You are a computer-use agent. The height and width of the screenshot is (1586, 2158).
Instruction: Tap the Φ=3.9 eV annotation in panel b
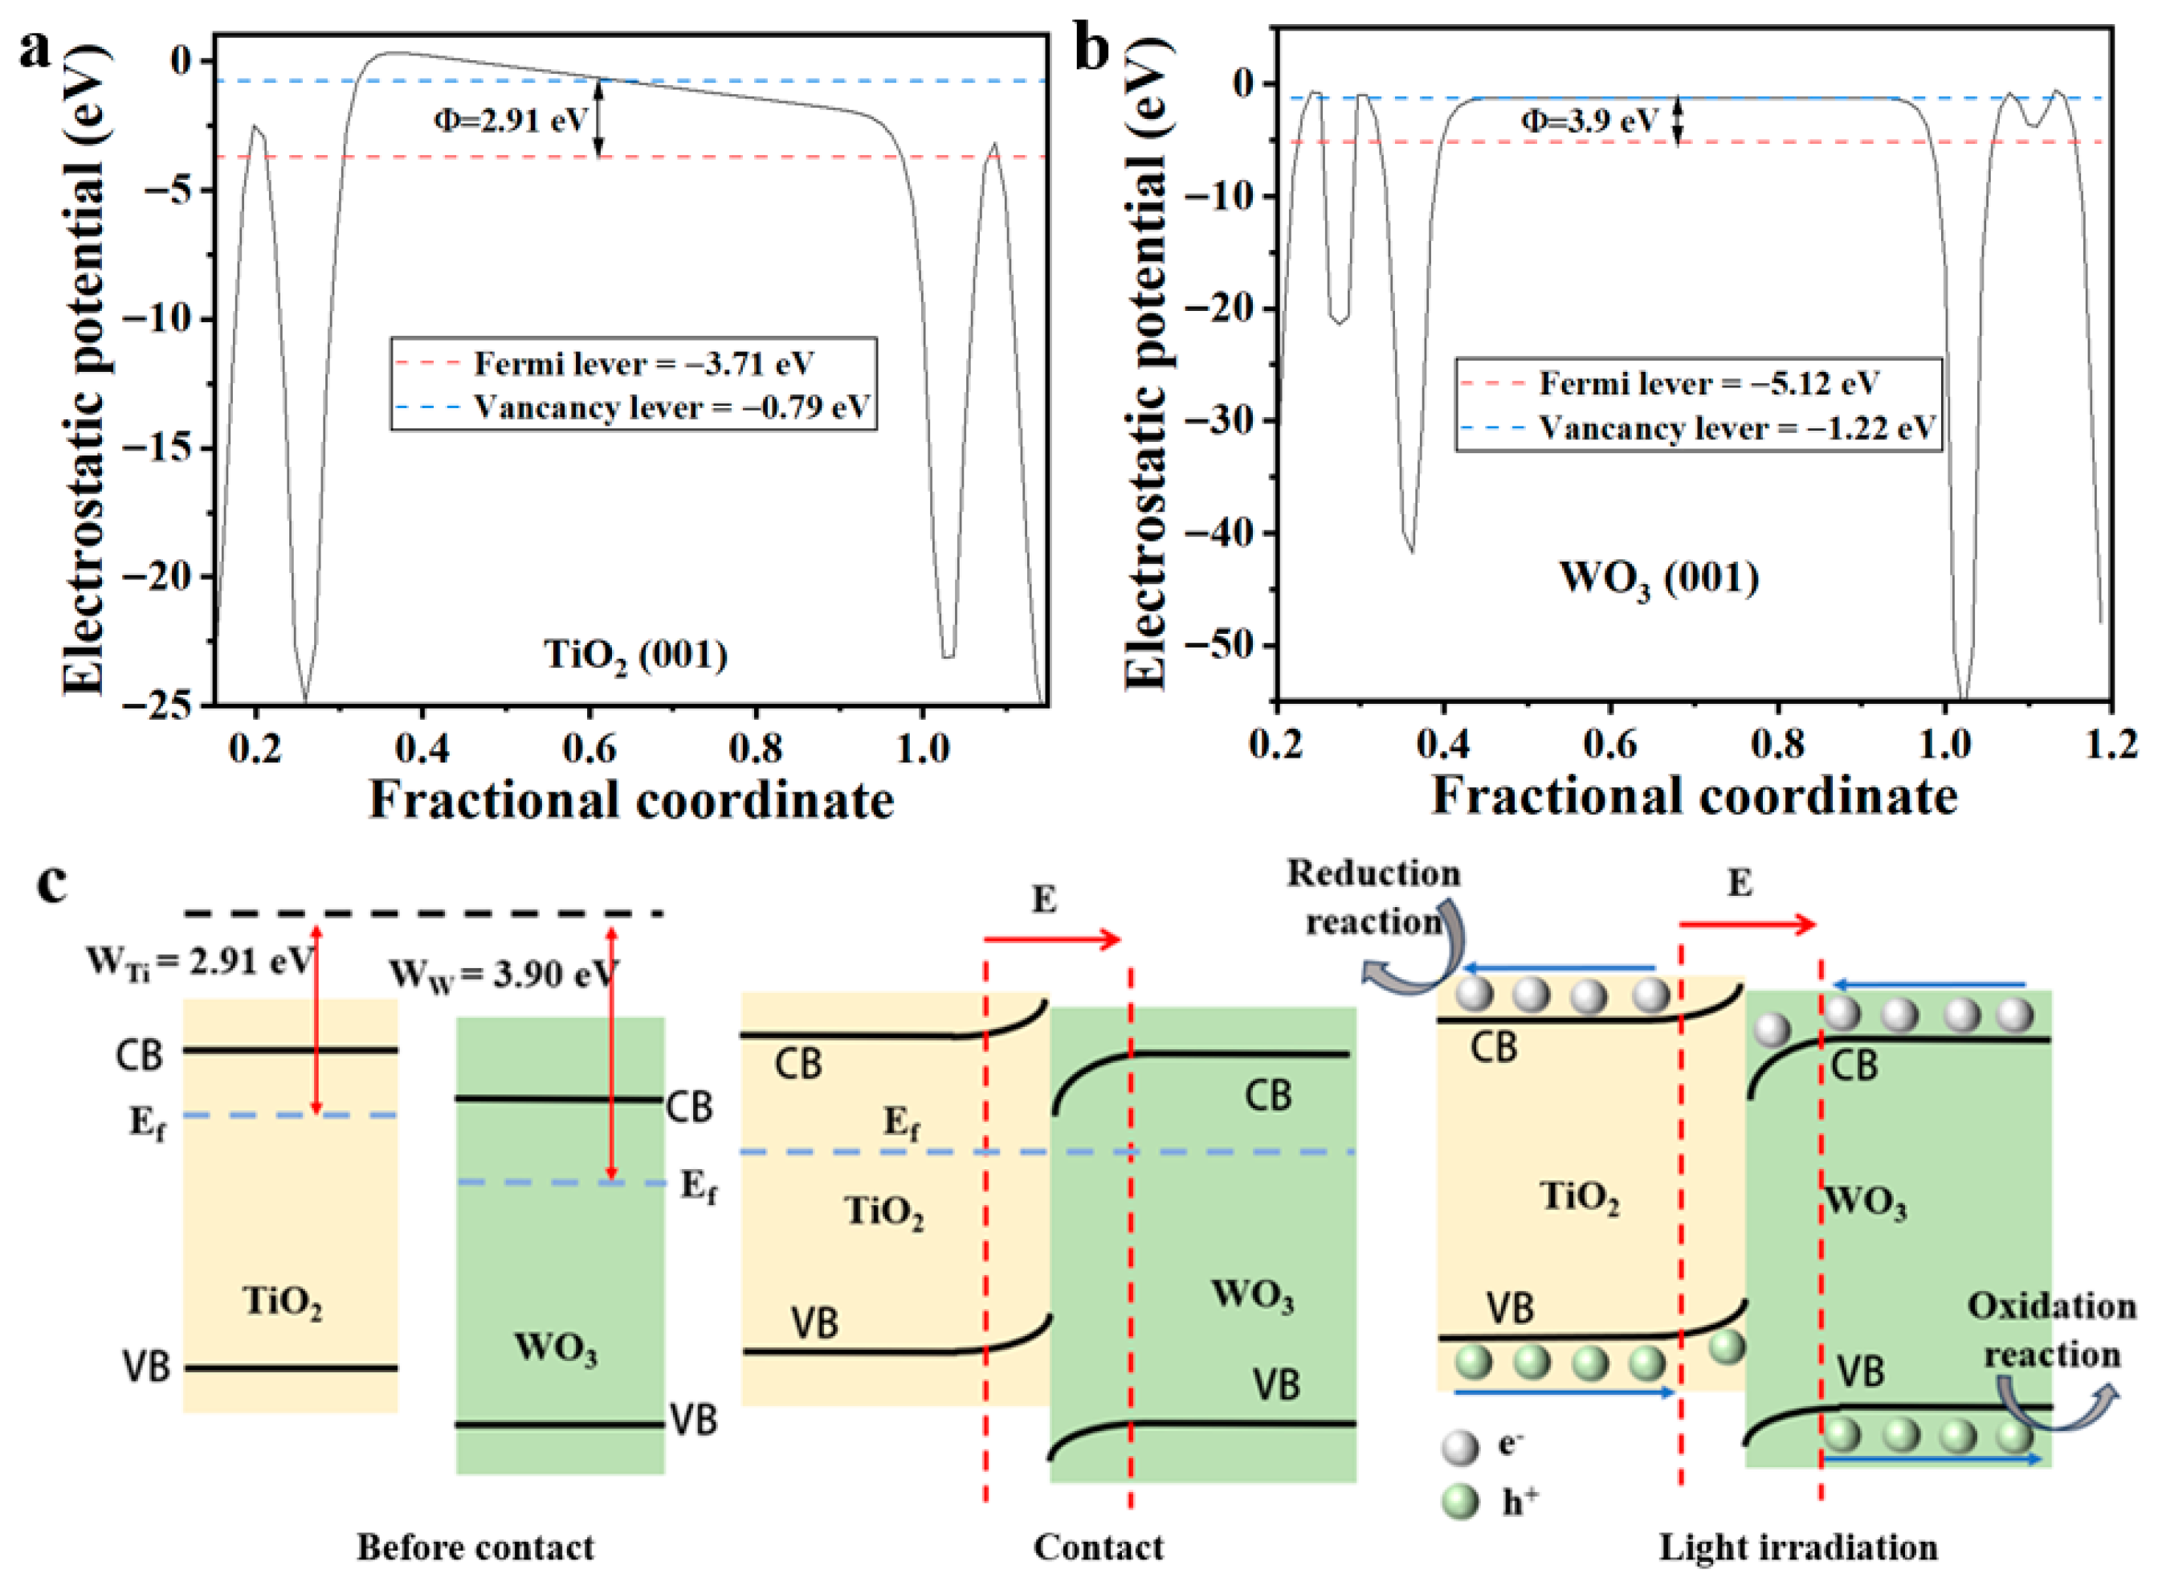pyautogui.click(x=1589, y=121)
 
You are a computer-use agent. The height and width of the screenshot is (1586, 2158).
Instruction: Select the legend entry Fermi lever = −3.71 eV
pyautogui.click(x=643, y=364)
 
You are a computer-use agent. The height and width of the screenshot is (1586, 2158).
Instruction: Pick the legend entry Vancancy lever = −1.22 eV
pyautogui.click(x=1737, y=428)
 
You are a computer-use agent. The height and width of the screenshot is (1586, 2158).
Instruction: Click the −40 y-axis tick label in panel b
pyautogui.click(x=1218, y=533)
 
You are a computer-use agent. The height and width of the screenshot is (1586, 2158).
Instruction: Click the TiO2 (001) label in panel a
pyautogui.click(x=635, y=656)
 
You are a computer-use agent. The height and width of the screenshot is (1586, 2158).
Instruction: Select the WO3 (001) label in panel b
pyautogui.click(x=1659, y=580)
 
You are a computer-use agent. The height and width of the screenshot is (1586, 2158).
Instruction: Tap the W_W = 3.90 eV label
pyautogui.click(x=502, y=975)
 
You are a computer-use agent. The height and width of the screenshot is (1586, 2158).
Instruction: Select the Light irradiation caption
pyautogui.click(x=1798, y=1547)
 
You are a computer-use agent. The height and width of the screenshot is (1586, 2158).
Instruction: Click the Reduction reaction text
pyautogui.click(x=1373, y=897)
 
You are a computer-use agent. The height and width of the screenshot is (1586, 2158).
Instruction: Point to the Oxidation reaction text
pyautogui.click(x=2051, y=1331)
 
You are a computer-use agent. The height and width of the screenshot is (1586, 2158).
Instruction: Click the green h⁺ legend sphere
pyautogui.click(x=1460, y=1502)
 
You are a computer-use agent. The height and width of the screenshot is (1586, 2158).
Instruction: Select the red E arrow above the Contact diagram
pyautogui.click(x=1053, y=940)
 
